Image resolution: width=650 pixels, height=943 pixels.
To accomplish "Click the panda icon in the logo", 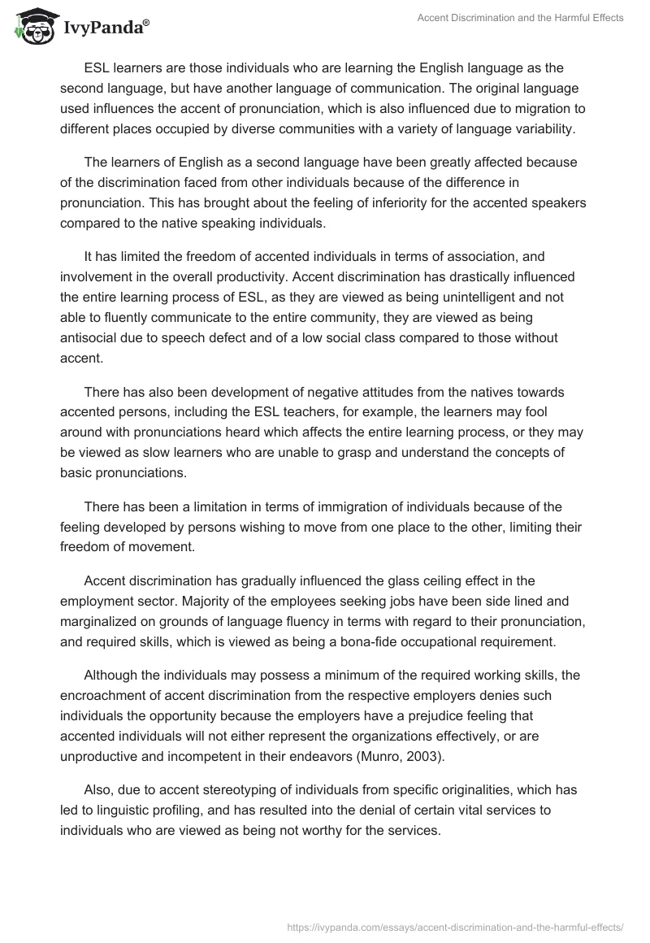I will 31,28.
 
